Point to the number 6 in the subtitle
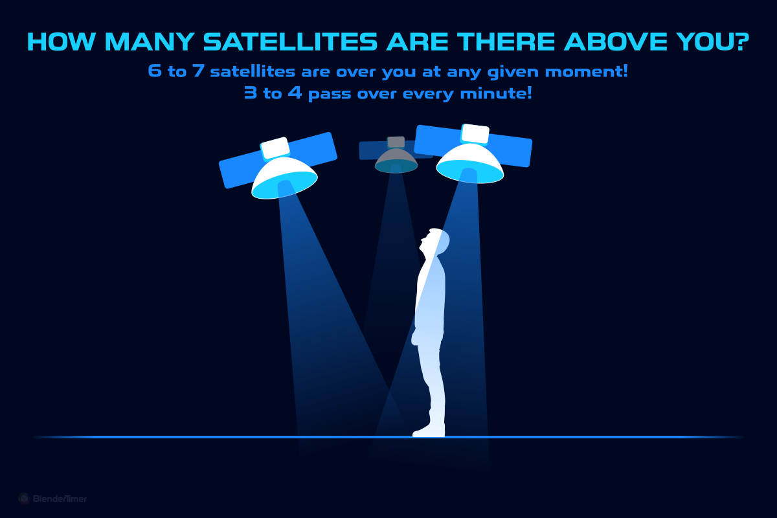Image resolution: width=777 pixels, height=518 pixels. tap(155, 71)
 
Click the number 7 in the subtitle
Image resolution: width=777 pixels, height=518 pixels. tap(197, 71)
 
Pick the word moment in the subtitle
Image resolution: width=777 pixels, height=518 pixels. tap(589, 71)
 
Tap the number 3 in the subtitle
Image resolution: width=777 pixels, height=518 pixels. tap(250, 93)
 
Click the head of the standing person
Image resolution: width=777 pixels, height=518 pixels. tap(435, 241)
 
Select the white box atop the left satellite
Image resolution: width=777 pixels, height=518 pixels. tap(275, 148)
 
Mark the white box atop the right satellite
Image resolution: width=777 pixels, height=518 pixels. tap(476, 133)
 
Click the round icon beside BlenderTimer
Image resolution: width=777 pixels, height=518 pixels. tap(24, 499)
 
